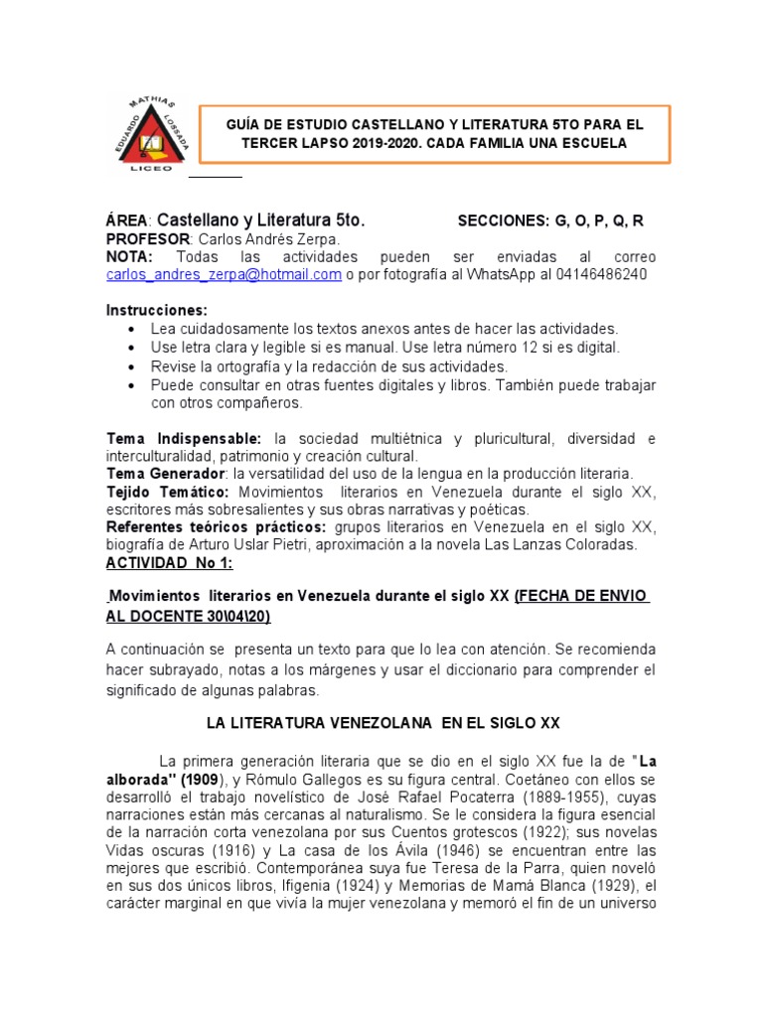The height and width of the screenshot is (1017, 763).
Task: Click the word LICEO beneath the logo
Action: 151,168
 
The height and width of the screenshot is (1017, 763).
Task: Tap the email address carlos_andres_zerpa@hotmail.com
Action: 224,274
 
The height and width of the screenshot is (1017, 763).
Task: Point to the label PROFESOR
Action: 148,239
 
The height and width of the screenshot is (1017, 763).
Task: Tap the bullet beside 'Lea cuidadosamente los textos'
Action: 133,329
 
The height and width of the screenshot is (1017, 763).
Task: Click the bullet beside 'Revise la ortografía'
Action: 133,366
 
